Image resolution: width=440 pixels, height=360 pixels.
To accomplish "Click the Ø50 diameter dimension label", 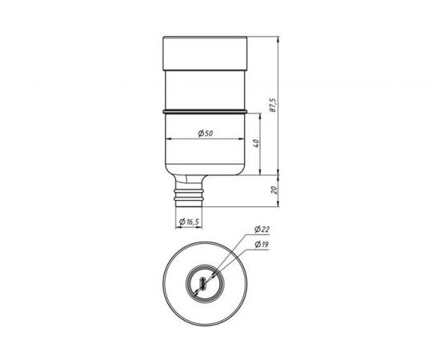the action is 206,134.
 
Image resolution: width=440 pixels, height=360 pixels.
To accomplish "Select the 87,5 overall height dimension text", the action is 273,106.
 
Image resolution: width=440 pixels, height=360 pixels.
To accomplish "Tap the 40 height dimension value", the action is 256,143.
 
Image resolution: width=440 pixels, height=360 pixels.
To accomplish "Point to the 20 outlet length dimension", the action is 274,190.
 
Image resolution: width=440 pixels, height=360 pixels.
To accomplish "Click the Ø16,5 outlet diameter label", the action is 189,222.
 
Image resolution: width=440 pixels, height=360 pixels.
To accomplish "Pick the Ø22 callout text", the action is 262,230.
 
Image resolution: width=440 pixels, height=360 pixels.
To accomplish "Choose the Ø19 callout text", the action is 262,244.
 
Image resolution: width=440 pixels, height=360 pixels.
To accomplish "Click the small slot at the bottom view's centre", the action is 203,283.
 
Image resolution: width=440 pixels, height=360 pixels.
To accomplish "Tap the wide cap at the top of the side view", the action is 205,54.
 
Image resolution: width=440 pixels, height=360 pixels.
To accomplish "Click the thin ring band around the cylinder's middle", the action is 205,112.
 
